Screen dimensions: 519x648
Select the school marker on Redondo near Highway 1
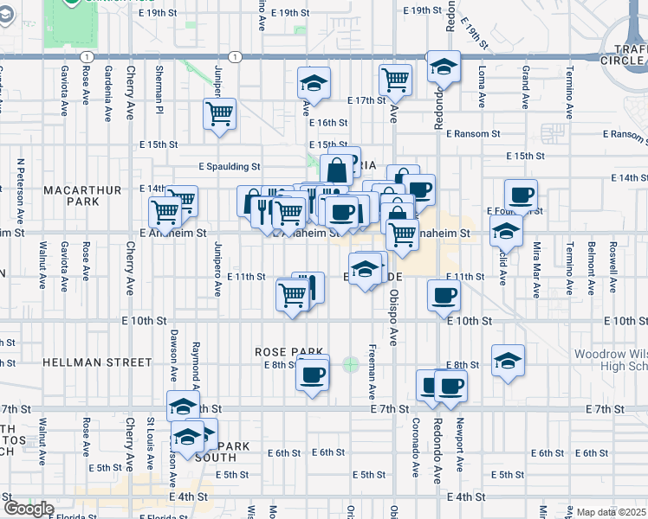444,67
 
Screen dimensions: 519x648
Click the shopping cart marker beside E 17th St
396,80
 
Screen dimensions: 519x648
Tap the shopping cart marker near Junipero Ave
220,113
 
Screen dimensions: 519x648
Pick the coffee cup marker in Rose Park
313,375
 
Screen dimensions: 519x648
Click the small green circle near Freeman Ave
350,364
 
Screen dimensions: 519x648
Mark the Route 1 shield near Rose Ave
86,55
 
